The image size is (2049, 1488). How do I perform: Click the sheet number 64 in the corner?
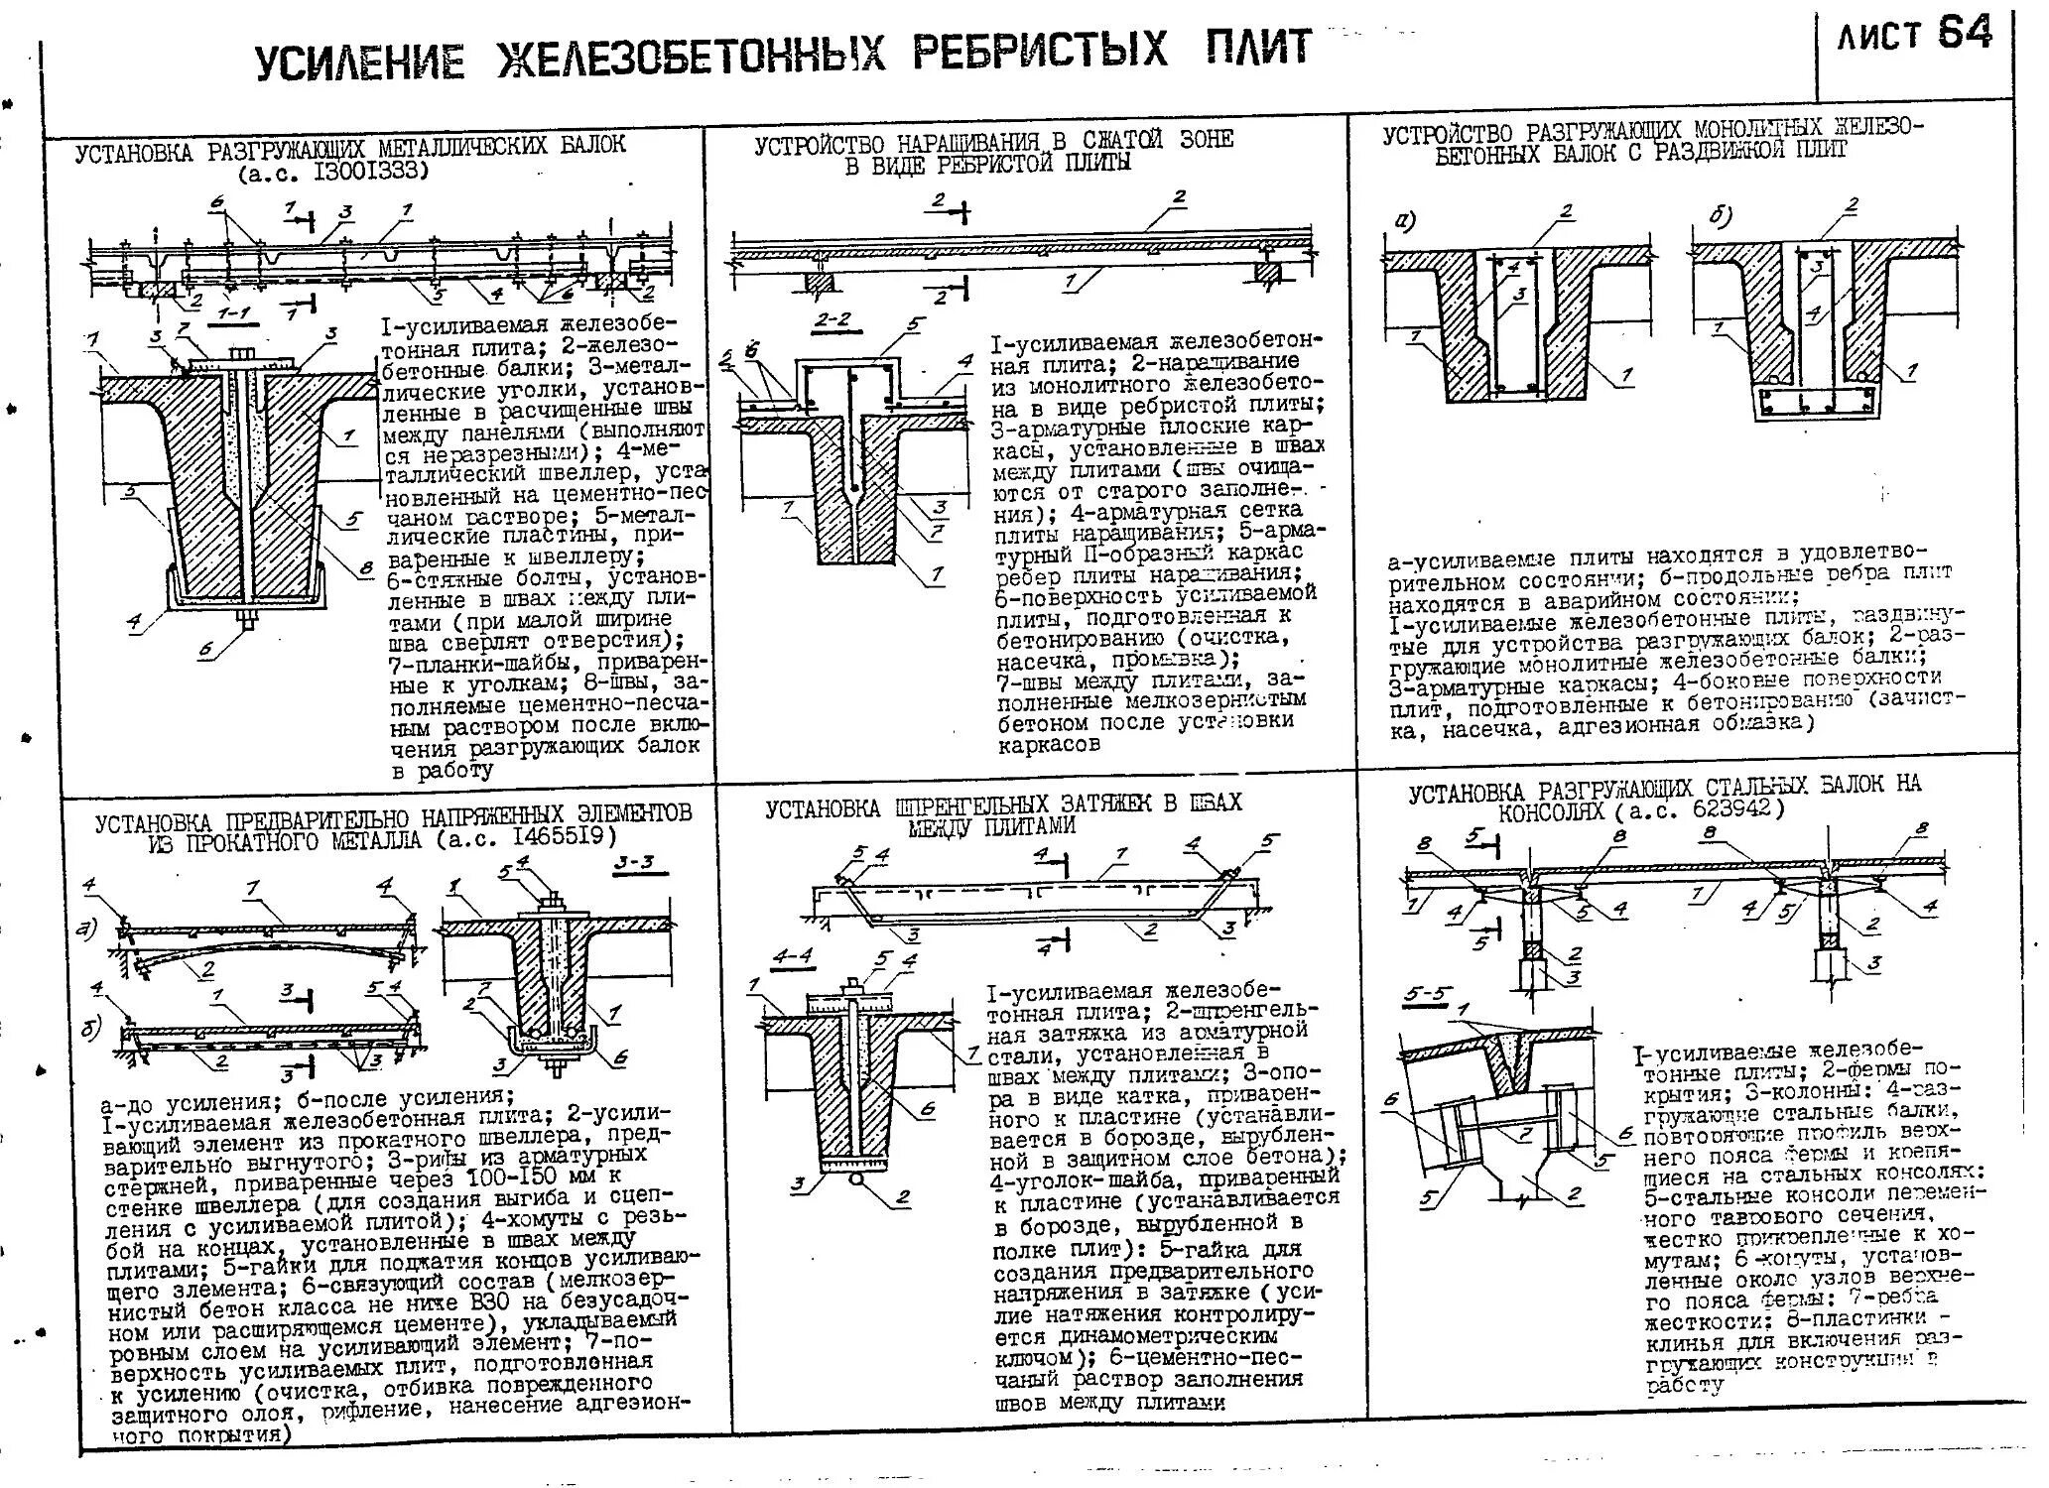[1965, 36]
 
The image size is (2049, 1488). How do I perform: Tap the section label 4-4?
[793, 956]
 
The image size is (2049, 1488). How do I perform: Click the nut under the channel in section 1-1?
[244, 622]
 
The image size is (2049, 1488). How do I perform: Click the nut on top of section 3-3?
[548, 904]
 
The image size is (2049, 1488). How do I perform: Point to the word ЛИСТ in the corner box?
[1879, 39]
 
